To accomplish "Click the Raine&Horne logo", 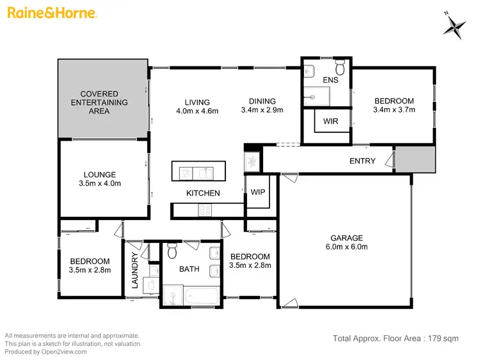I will tap(51, 13).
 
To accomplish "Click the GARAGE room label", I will tap(347, 237).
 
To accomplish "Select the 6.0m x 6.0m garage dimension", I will tap(347, 247).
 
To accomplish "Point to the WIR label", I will tap(330, 121).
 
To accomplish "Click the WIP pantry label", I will tap(259, 192).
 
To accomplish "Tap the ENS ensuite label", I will tap(330, 81).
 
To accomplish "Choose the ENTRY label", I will tap(362, 161).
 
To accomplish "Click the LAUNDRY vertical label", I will tap(135, 271).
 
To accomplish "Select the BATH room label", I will tap(189, 269).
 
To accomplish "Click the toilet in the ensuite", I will tap(340, 66).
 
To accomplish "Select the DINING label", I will tap(262, 101).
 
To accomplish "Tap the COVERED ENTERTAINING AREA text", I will tap(99, 102).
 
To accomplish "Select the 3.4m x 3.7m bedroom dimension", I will tap(394, 110).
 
